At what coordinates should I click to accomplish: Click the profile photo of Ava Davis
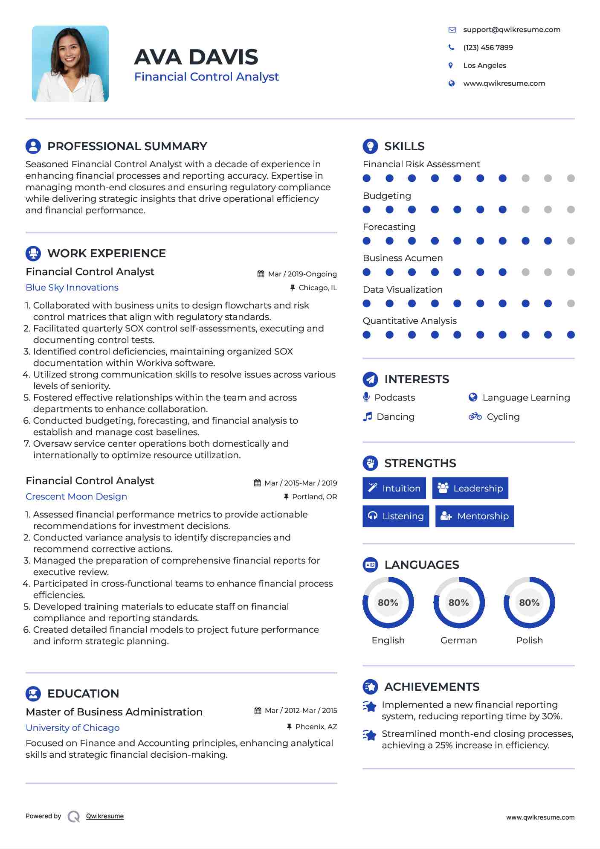(70, 64)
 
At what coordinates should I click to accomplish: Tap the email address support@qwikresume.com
(511, 29)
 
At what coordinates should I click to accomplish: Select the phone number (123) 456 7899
(488, 47)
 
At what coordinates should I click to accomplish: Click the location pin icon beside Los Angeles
(451, 65)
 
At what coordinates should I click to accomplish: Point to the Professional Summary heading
(127, 146)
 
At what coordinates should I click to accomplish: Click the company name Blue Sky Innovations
(72, 288)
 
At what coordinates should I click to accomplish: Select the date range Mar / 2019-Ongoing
(302, 274)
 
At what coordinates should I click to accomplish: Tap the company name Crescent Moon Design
(76, 497)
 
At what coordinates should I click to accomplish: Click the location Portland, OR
(314, 497)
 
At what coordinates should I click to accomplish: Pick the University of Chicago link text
(72, 728)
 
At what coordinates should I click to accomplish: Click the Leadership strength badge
(470, 488)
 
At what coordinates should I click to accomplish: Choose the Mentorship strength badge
(474, 516)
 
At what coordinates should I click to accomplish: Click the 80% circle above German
(459, 602)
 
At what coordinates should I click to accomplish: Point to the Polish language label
(529, 640)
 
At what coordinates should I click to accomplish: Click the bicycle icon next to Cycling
(475, 416)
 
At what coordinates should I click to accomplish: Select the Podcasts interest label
(394, 398)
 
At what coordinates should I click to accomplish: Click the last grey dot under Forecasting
(571, 241)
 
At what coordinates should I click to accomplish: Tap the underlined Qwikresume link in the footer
(105, 816)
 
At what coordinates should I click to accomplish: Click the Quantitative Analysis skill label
(409, 321)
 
